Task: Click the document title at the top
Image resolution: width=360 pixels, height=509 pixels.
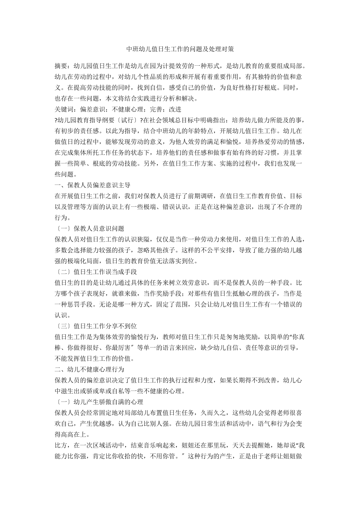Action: tap(180, 50)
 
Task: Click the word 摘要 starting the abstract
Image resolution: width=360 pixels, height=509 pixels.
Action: tap(61, 65)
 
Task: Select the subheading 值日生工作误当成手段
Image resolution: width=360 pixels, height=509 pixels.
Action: tap(104, 271)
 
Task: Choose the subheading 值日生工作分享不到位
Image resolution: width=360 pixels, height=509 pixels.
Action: tap(104, 325)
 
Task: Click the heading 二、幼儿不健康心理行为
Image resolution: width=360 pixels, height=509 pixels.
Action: tap(91, 369)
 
